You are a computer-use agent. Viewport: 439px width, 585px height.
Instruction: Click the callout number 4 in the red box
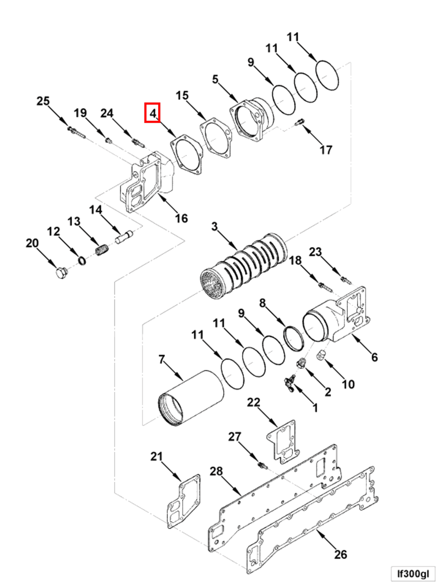click(152, 113)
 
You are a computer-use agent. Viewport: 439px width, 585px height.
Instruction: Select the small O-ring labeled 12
click(82, 261)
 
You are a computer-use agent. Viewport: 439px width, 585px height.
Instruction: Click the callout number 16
click(182, 218)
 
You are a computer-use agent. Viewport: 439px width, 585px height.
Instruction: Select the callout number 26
click(340, 554)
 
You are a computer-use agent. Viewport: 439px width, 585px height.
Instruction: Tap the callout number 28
click(216, 471)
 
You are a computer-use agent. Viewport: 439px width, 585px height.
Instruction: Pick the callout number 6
click(374, 357)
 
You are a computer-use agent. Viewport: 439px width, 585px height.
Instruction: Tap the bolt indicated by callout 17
click(300, 122)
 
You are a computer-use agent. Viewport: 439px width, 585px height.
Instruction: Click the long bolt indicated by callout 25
click(77, 133)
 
